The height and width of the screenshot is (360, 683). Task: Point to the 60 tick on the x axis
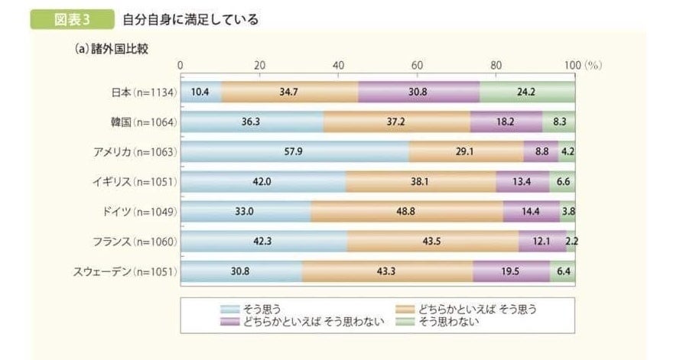click(x=417, y=66)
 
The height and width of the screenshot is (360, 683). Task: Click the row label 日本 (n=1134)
click(x=144, y=92)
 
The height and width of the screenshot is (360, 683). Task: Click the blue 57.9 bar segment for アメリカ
click(x=295, y=151)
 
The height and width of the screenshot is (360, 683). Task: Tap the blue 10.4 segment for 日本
click(x=200, y=92)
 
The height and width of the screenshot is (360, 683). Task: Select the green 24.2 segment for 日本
click(x=528, y=92)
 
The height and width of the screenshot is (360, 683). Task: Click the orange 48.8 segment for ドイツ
click(x=407, y=212)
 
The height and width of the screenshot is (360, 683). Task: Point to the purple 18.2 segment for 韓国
click(x=506, y=122)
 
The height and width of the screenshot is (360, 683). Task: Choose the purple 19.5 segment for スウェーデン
click(x=511, y=271)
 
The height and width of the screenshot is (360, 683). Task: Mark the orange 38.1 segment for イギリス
click(x=421, y=182)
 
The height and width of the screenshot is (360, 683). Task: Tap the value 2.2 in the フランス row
click(x=571, y=242)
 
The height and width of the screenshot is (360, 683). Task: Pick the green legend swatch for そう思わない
click(x=404, y=322)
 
